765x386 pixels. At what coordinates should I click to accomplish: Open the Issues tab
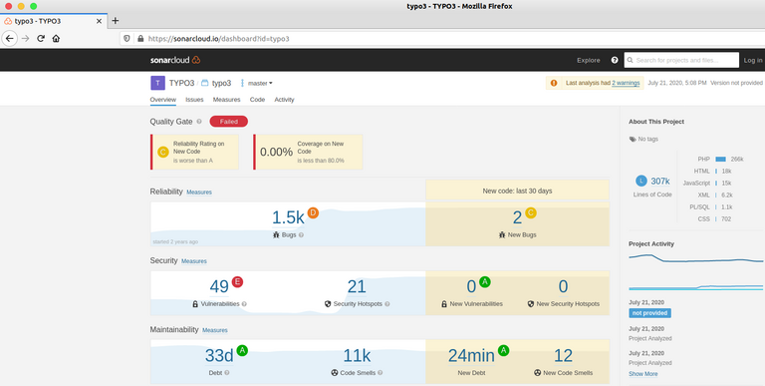[x=194, y=100]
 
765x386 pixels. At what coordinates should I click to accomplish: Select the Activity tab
[x=284, y=100]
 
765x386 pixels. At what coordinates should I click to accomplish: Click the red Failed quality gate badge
[x=228, y=122]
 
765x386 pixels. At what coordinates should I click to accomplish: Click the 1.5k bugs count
[x=288, y=217]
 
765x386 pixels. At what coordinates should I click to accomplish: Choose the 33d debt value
[x=218, y=355]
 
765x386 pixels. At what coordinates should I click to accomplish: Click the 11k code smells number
[x=357, y=355]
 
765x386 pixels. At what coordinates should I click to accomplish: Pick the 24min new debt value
[x=471, y=355]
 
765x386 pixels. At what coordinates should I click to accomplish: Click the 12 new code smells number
[x=563, y=355]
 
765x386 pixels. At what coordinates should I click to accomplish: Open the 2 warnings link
[x=626, y=83]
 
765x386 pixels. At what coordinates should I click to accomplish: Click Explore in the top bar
[x=589, y=60]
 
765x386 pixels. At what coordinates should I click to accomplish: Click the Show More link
[x=643, y=373]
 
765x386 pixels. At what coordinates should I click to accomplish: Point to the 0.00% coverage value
[x=276, y=152]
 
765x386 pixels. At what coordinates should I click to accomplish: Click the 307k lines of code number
[x=659, y=181]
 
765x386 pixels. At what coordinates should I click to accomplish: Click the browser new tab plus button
[x=115, y=20]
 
